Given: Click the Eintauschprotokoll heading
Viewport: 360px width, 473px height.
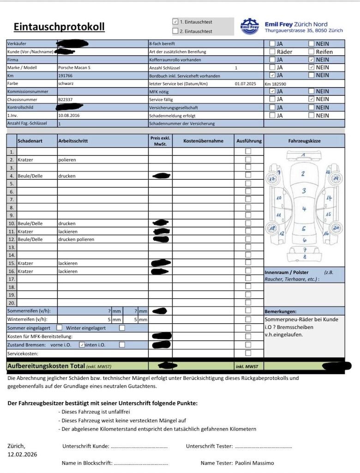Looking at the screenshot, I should click(59, 27).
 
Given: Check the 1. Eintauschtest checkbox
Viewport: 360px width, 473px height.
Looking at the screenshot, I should click(175, 22).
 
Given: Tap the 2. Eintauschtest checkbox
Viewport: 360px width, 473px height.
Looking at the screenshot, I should click(175, 31).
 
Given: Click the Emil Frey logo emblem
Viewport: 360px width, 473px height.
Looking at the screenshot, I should click(250, 26).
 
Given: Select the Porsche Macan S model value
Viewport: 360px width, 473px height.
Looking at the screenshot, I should click(74, 67).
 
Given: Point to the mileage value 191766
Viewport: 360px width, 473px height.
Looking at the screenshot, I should click(66, 75).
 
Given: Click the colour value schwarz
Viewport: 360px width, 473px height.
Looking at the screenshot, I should click(66, 84).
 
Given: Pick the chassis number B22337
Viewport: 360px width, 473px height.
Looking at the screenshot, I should click(65, 99).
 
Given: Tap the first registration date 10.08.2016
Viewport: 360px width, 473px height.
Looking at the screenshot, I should click(69, 115).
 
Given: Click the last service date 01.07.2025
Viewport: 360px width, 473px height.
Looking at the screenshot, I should click(245, 84).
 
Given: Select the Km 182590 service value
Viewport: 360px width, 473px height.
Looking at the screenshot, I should click(276, 84).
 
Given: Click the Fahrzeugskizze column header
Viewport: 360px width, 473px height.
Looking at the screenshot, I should click(304, 141).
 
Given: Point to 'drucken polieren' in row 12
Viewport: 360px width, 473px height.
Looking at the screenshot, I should click(76, 239).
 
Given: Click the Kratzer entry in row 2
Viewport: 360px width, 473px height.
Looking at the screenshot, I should click(25, 159).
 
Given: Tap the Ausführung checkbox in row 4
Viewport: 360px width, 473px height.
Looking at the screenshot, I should click(248, 175).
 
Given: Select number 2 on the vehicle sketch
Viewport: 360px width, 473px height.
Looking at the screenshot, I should click(303, 174).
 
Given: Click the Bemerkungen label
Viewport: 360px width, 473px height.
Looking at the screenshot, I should click(281, 311).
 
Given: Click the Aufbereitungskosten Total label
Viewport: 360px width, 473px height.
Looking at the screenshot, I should click(46, 366).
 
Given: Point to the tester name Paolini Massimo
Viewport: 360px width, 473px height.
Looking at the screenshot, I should click(254, 463).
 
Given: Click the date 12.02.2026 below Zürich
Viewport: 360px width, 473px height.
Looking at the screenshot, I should click(22, 455).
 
